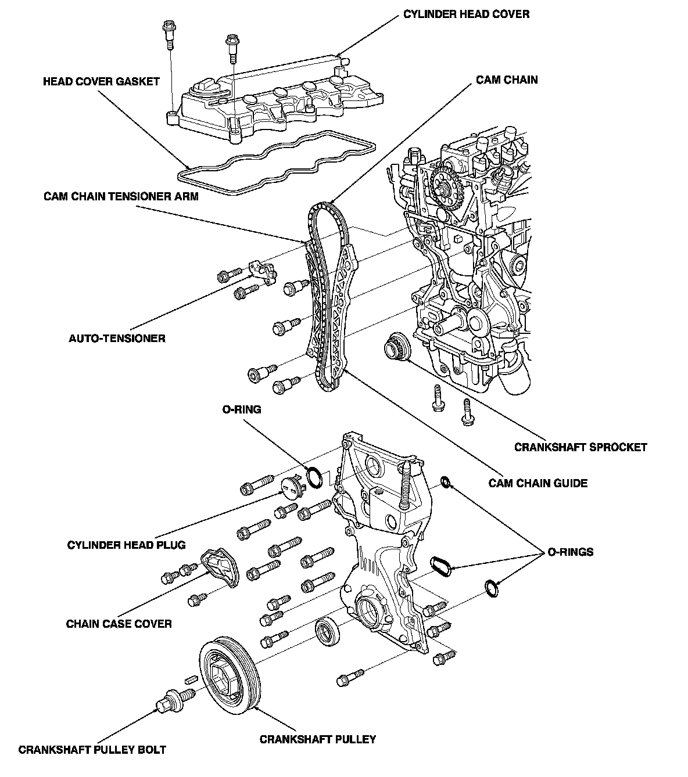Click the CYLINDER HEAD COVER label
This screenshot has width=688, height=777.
coord(466,15)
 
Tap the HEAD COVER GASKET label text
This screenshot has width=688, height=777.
coord(101,82)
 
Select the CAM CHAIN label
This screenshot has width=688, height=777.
coord(507,80)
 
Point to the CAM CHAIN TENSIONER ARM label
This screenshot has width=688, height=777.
coord(121,196)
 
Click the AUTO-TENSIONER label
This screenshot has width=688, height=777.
coord(117,338)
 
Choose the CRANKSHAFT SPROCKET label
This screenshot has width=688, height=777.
coord(580,447)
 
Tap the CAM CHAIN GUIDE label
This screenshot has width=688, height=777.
coord(538,483)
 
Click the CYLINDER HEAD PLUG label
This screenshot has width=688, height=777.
coord(126,545)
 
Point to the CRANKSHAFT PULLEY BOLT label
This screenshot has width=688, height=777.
coord(92,750)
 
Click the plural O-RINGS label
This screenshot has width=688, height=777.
coord(570,552)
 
